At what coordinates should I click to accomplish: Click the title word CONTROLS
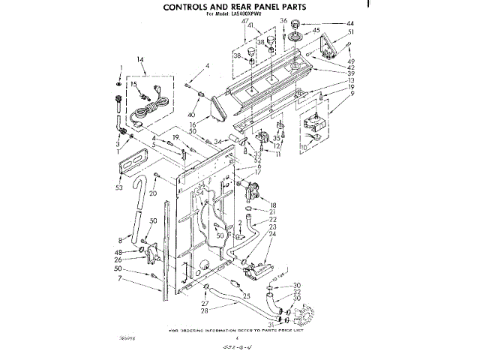pyautogui.click(x=193, y=6)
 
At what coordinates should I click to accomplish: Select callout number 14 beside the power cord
pyautogui.click(x=139, y=59)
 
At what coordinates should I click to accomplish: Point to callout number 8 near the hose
pyautogui.click(x=119, y=239)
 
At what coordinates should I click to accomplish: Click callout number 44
pyautogui.click(x=349, y=24)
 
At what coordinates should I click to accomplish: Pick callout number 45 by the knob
pyautogui.click(x=316, y=30)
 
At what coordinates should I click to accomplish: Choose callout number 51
pyautogui.click(x=350, y=32)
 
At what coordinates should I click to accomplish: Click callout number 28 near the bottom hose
pyautogui.click(x=203, y=310)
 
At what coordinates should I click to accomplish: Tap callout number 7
pyautogui.click(x=119, y=279)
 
